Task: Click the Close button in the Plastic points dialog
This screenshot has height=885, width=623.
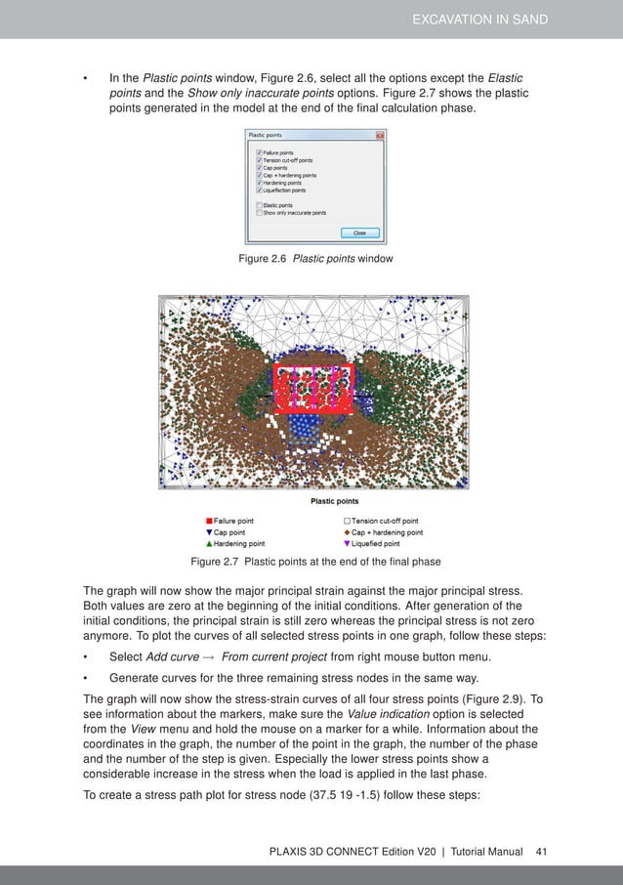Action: coord(359,232)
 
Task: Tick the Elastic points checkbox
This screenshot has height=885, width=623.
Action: coord(258,205)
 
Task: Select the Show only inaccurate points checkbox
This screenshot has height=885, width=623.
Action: coord(258,212)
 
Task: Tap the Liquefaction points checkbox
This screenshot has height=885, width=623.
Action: coord(258,190)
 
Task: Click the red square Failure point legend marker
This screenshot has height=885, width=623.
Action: coord(209,522)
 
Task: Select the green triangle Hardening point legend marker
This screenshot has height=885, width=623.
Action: coord(209,543)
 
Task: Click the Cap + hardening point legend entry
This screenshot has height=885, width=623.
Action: coord(384,532)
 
